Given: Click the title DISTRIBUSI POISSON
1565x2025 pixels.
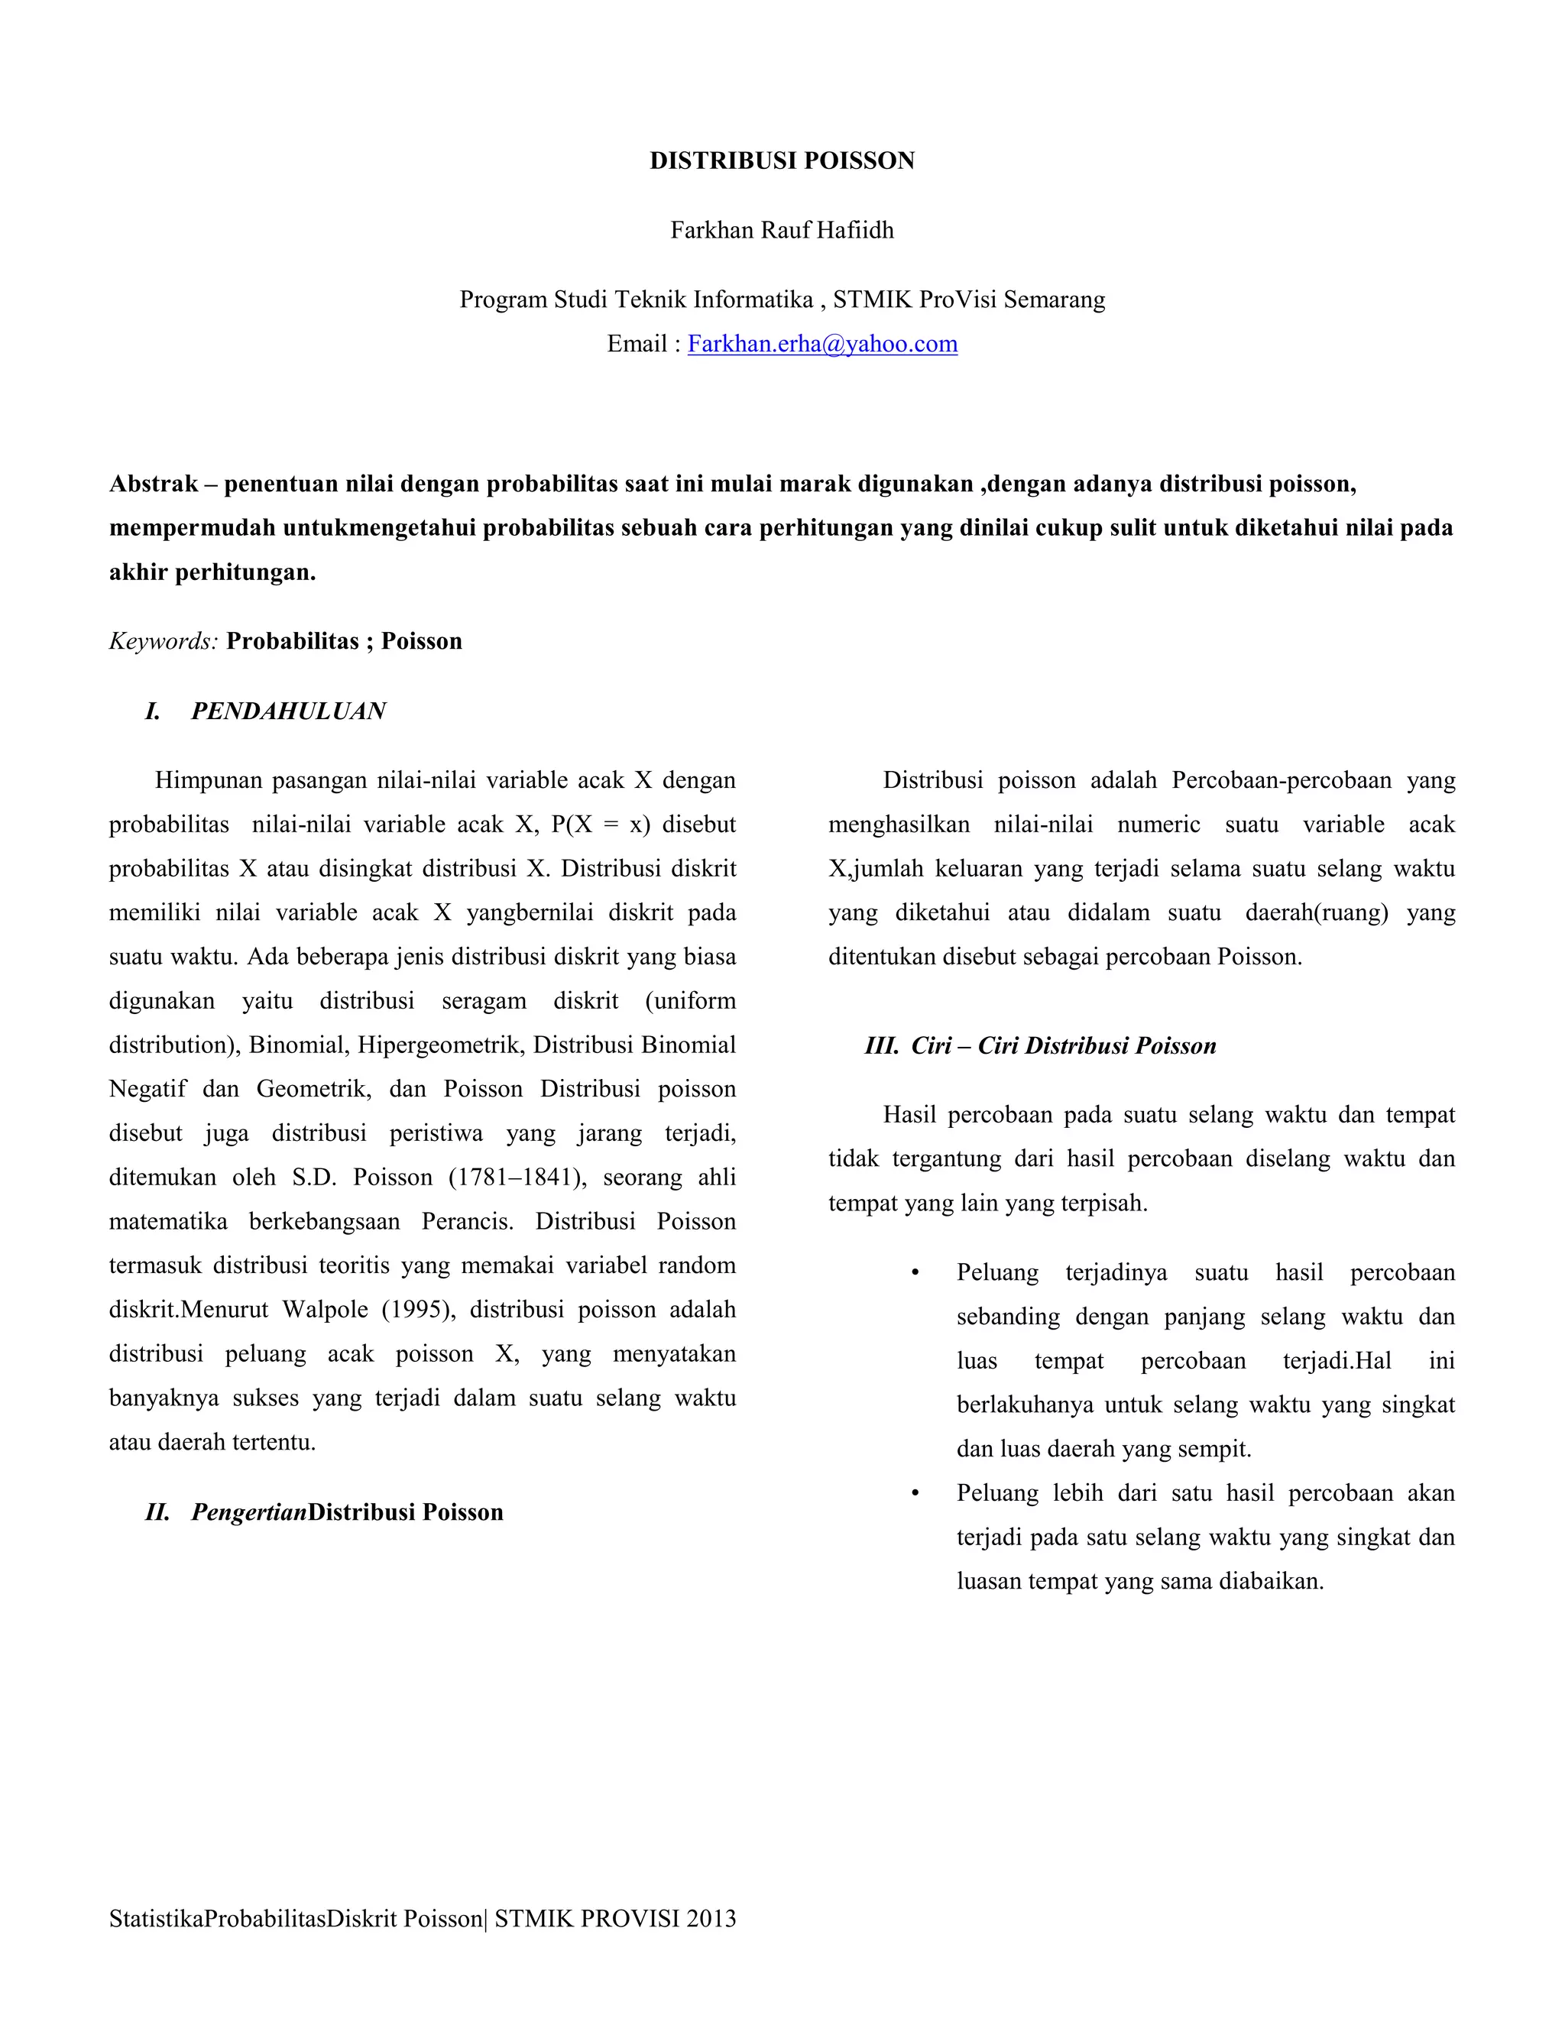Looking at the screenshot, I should [782, 161].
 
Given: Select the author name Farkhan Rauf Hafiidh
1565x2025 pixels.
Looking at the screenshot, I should [782, 230].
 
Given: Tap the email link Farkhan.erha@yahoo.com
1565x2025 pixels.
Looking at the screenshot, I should [822, 344].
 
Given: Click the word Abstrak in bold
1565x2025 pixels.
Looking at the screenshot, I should [154, 484].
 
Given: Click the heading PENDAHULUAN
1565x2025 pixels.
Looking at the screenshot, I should [288, 711].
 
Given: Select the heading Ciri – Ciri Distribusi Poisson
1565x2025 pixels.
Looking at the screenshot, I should [1064, 1046].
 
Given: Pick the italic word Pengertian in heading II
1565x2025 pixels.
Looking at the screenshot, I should [248, 1512].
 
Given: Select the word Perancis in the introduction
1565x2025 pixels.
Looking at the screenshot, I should [466, 1222].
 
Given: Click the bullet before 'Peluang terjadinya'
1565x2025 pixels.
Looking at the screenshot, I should [915, 1274].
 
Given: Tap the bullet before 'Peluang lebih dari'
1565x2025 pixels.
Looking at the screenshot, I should [915, 1494].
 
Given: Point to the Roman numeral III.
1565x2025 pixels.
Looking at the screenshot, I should [882, 1046].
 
